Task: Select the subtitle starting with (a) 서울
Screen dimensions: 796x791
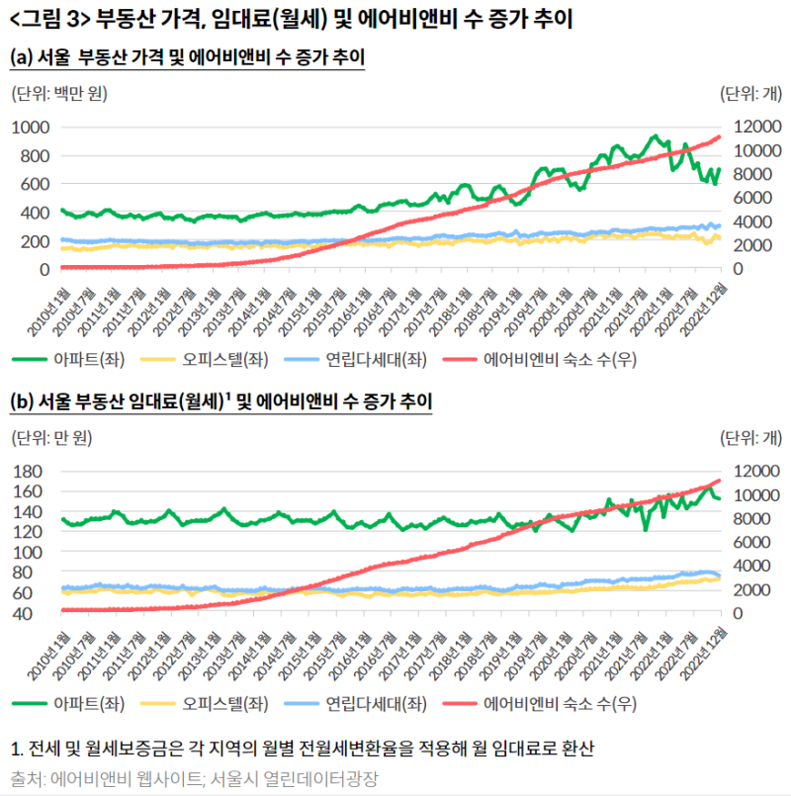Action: (x=188, y=58)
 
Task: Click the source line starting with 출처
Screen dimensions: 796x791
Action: (x=194, y=777)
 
